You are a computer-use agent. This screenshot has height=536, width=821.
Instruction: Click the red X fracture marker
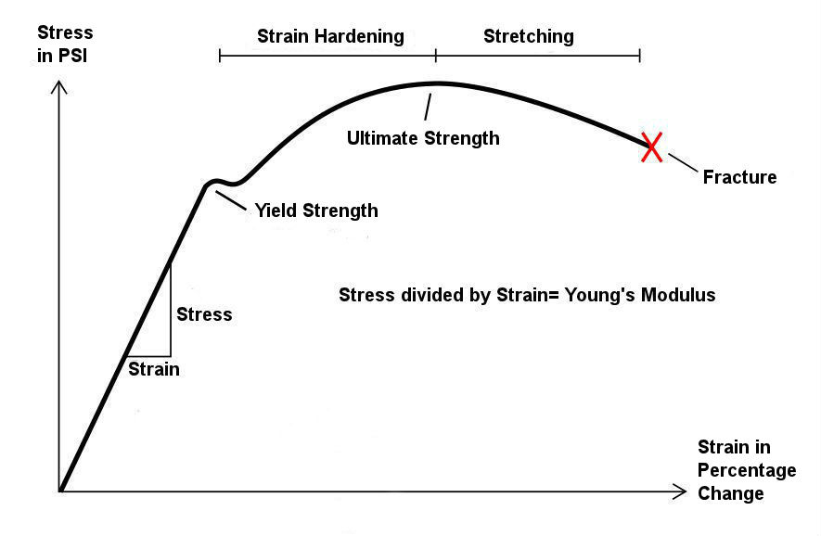[652, 147]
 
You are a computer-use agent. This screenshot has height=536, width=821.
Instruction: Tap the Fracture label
[739, 177]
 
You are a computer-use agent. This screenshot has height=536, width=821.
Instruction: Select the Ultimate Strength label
[423, 139]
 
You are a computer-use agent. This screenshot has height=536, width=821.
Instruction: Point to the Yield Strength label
[316, 211]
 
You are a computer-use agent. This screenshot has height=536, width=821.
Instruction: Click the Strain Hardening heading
[330, 37]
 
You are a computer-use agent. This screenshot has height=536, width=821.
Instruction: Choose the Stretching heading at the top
[529, 37]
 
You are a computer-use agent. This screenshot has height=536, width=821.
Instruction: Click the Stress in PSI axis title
[65, 44]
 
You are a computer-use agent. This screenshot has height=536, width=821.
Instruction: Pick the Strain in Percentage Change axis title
[746, 470]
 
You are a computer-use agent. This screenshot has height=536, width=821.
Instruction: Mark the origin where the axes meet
[60, 490]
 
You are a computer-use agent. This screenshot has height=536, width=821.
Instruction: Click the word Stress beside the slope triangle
[204, 314]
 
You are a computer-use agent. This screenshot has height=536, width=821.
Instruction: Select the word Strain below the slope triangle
[154, 369]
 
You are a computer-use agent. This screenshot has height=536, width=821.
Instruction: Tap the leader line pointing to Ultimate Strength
[428, 106]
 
